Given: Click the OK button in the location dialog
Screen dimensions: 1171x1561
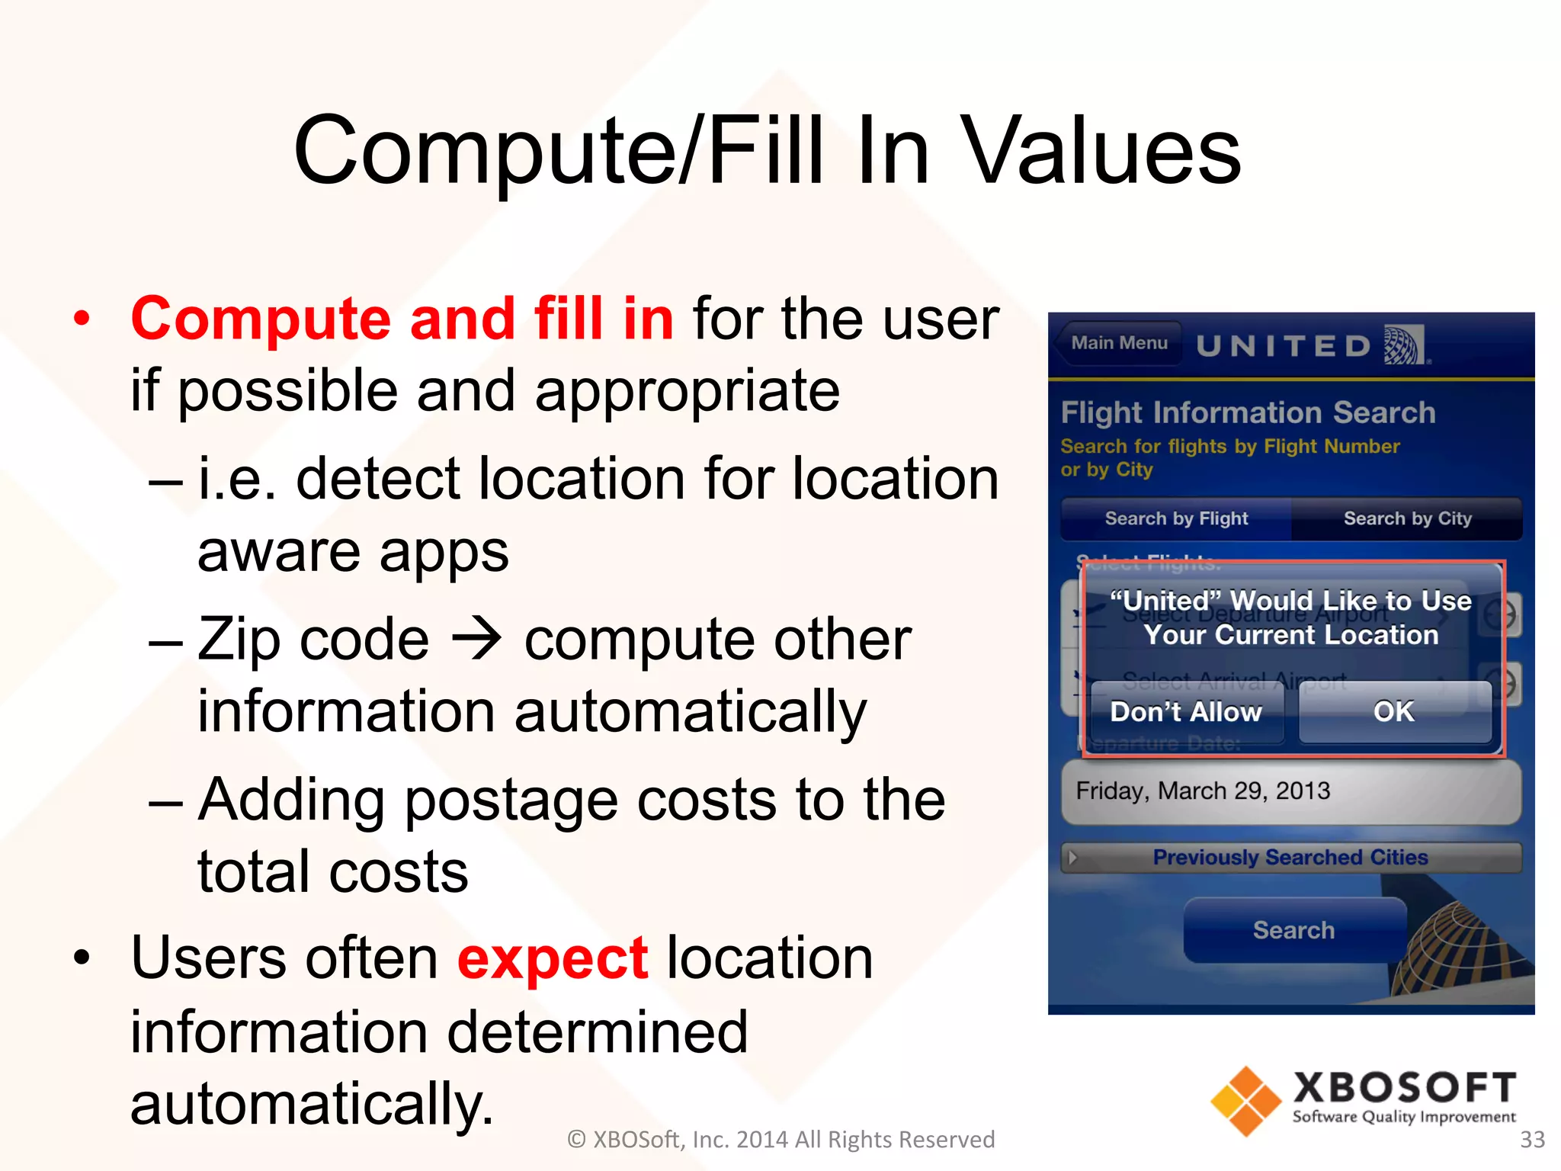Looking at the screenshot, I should [1394, 712].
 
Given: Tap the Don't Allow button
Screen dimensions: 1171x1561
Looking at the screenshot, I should [1186, 712].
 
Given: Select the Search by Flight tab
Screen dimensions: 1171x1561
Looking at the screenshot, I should [1176, 518].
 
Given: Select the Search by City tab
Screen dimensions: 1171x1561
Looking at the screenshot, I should [1407, 518].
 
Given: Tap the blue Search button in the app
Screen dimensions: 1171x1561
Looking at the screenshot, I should [1293, 930].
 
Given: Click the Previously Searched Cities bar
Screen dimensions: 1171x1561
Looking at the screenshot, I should [1290, 857].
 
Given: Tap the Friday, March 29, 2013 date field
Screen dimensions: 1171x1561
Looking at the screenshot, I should [1290, 791].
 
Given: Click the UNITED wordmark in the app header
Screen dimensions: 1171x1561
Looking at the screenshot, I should [1284, 346].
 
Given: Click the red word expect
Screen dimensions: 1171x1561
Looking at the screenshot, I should [553, 958].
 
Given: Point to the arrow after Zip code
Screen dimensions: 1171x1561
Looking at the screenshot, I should [477, 639].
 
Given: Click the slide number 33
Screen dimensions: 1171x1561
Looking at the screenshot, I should [1532, 1139].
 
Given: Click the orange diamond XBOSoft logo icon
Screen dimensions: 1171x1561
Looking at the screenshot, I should [1246, 1101].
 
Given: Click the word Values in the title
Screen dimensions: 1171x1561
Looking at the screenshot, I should [1101, 150].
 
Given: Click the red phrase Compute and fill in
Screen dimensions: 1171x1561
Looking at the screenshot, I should [402, 319].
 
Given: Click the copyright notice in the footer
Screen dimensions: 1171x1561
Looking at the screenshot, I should [780, 1139].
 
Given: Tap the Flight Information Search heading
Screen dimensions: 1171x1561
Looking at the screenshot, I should [1248, 412].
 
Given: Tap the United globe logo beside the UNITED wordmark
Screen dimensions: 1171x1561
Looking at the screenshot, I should [1404, 345].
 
